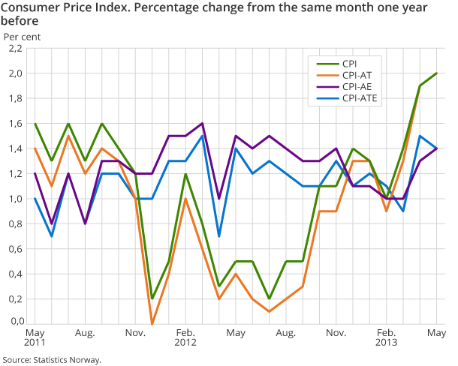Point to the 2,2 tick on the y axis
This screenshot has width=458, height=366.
(15, 49)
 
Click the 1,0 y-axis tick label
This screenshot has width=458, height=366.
(15, 199)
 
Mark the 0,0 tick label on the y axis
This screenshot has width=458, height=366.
(15, 322)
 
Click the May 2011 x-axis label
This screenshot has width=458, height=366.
(35, 337)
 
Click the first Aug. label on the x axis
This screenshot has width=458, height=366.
(84, 331)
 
